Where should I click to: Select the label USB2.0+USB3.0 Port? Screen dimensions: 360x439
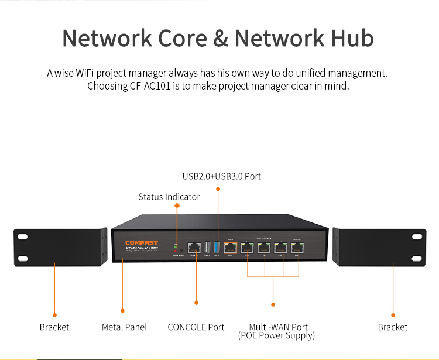pos(222,176)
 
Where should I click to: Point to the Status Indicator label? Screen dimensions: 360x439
pos(169,197)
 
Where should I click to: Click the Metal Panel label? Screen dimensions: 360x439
pos(124,327)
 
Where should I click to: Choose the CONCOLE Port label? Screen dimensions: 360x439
pos(196,327)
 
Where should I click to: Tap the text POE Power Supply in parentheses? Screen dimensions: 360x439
pos(276,336)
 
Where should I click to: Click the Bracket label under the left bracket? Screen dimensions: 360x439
pos(54,327)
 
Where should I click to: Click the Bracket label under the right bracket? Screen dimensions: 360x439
pos(393,327)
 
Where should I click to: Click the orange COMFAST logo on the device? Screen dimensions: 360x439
pos(142,242)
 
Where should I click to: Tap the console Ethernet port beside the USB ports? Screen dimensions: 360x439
pos(193,249)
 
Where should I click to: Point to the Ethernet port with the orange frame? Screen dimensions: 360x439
pos(229,249)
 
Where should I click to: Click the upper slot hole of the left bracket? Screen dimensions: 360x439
pos(22,237)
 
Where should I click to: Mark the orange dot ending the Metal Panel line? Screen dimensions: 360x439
pos(122,310)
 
